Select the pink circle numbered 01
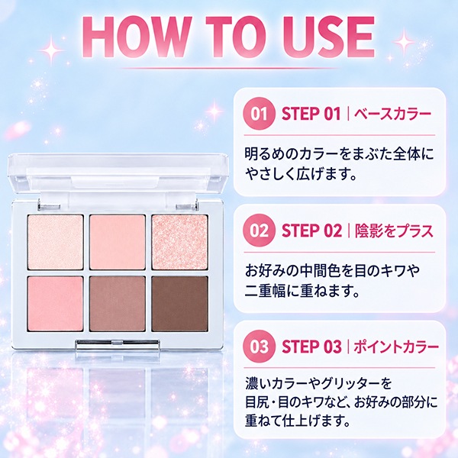pos(259,114)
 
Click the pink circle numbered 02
pos(259,231)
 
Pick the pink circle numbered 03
pos(259,347)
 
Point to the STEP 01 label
pos(311,114)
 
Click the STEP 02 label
pos(311,231)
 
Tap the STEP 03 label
pos(311,347)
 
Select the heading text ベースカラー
pos(392,114)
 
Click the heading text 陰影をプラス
pos(394,231)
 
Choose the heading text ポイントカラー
pos(396,347)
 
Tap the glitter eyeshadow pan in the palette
pos(179,242)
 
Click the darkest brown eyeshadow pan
pos(179,304)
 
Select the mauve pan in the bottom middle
pos(118,304)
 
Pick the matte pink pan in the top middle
pos(118,242)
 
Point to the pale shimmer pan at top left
pos(56,242)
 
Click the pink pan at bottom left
pos(56,304)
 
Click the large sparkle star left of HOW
pos(51,50)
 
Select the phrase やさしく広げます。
pos(301,174)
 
